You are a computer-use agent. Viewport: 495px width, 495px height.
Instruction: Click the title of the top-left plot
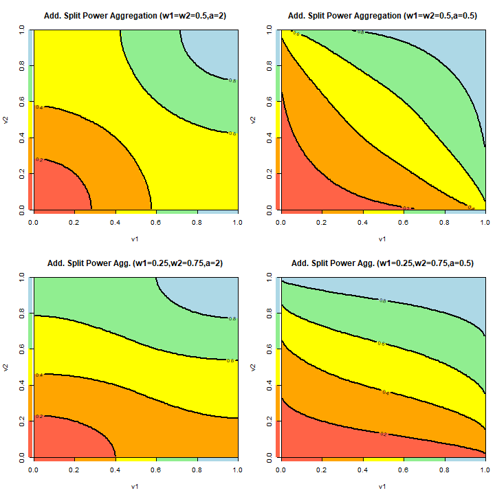135,15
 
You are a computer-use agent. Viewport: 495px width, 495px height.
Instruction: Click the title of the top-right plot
383,15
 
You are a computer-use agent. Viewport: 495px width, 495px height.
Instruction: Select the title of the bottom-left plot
135,263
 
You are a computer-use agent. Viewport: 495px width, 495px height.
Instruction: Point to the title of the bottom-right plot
383,263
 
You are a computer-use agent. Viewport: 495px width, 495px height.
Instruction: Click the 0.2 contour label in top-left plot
39,159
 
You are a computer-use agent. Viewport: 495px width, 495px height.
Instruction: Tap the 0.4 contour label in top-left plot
39,108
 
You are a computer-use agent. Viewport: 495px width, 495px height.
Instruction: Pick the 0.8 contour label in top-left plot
232,80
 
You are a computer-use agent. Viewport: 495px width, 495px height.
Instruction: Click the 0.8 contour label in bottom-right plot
382,300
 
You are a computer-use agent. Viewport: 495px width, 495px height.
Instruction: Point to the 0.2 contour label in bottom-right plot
383,434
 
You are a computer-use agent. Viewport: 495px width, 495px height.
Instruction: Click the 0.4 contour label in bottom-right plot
386,392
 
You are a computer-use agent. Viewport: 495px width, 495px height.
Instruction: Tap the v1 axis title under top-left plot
135,239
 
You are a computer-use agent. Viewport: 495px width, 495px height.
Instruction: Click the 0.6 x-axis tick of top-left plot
156,223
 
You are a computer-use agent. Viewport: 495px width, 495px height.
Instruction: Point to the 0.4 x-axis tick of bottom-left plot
115,470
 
